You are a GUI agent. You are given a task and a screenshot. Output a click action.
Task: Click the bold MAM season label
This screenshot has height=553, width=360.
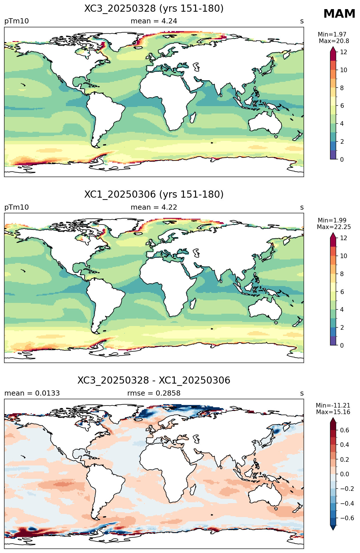point(339,14)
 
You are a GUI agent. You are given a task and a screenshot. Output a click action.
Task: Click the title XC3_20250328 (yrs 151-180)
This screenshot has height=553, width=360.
point(154,9)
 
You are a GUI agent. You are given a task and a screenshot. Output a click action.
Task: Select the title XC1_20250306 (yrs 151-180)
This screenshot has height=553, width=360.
point(154,195)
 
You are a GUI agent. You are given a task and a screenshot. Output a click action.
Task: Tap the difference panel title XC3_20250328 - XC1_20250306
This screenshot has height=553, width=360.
point(154,380)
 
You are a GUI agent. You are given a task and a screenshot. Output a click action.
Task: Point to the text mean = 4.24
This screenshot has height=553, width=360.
point(154,21)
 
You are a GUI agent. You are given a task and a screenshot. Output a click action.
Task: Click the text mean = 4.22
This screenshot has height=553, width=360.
point(154,207)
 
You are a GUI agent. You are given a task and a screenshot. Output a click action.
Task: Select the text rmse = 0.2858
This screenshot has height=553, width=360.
point(154,393)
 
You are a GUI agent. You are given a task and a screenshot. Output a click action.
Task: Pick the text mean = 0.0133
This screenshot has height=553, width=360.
point(32,393)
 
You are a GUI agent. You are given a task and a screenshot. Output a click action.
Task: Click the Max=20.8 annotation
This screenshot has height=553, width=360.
point(334,41)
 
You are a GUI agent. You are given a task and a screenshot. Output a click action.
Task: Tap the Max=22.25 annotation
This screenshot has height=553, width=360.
point(334,227)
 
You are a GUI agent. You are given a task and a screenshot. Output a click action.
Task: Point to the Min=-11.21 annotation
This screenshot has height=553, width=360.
point(333,406)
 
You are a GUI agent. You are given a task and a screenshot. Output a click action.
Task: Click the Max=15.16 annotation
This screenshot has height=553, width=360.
point(333,412)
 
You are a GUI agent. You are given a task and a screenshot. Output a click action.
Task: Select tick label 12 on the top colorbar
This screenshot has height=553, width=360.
point(343,52)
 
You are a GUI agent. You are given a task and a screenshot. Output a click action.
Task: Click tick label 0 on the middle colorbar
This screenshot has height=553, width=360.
point(342,345)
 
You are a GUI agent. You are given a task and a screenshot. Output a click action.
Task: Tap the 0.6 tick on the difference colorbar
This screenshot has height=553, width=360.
point(344,430)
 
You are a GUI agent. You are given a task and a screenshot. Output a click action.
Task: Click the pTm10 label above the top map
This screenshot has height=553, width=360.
point(17,21)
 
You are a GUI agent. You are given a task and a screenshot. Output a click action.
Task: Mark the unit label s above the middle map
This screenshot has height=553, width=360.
point(302,208)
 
